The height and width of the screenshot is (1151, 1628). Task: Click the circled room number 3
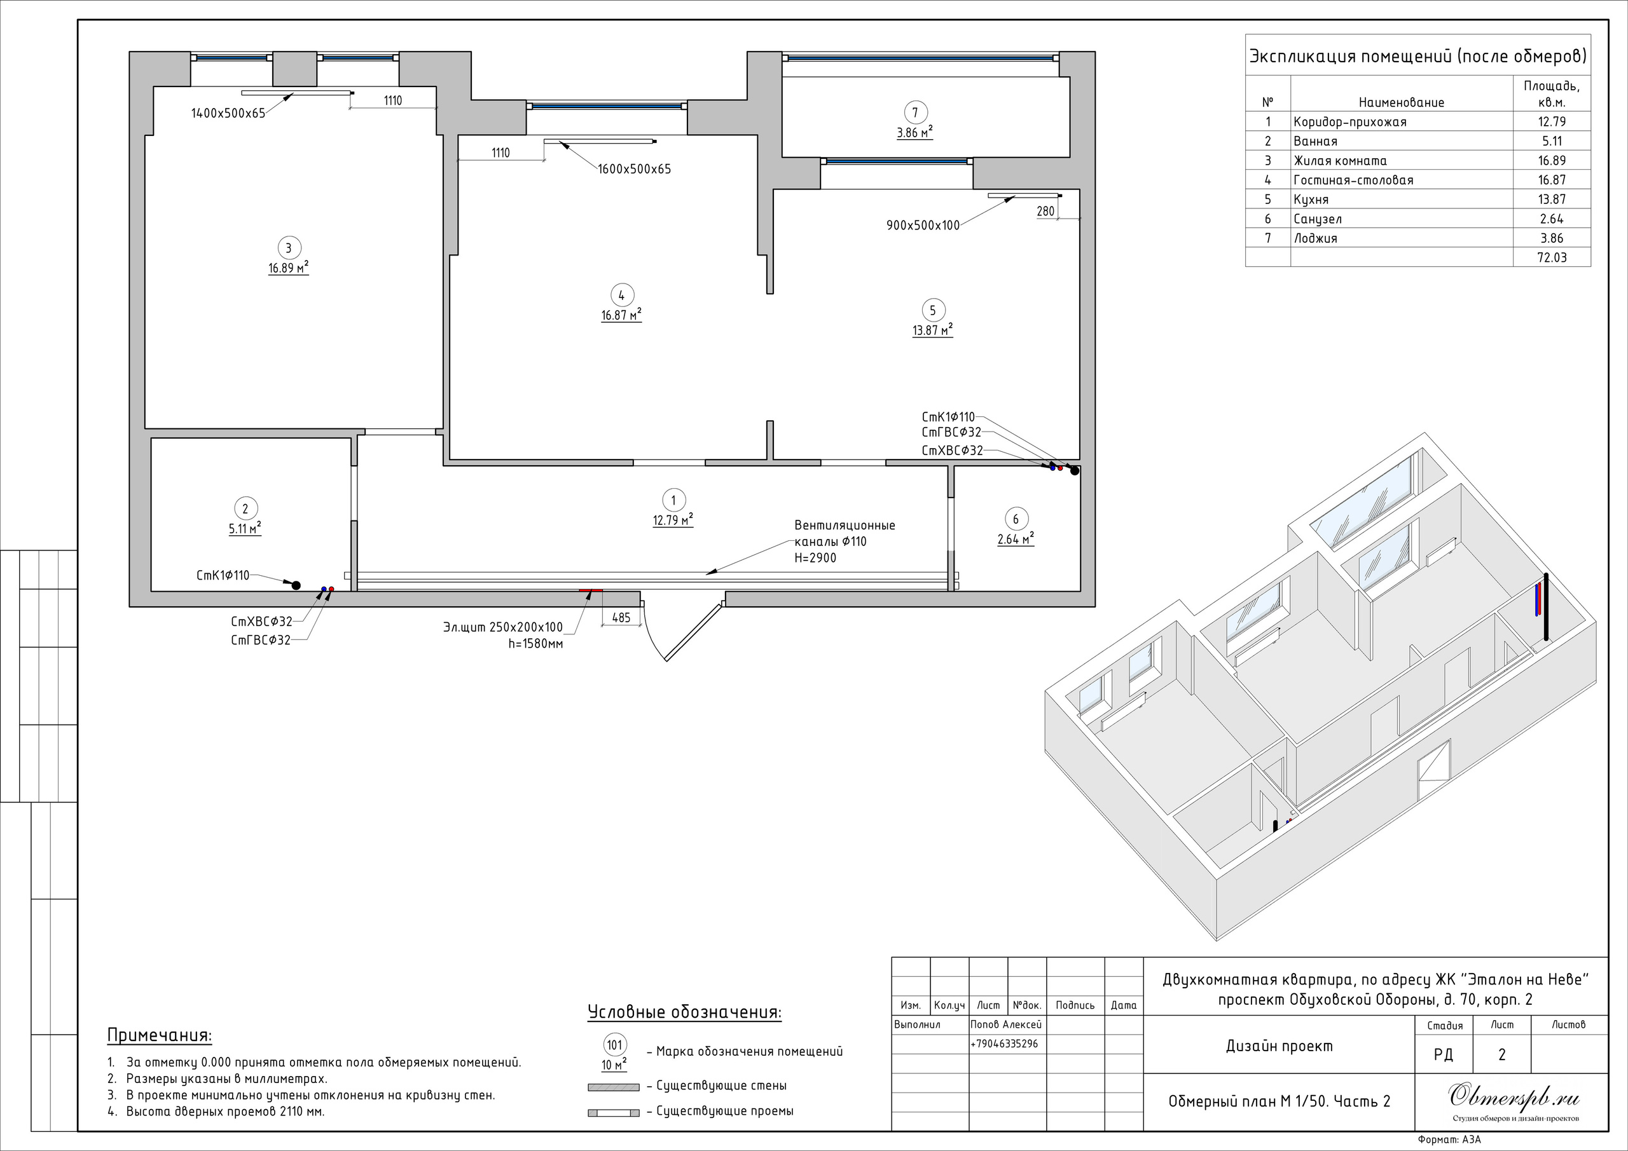pos(288,248)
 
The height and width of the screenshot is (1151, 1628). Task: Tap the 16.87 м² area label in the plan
pos(621,315)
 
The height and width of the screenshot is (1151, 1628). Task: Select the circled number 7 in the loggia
pos(915,112)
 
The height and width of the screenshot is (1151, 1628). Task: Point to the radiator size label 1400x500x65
pos(228,113)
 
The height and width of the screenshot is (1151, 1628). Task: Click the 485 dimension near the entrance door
pos(621,618)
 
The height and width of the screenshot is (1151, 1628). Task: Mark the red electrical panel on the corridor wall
pos(591,590)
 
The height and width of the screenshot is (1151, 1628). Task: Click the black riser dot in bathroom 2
pos(296,585)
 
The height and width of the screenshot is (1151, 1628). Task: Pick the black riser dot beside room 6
pos(1075,470)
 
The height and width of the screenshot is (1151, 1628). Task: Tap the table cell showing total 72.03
pos(1552,258)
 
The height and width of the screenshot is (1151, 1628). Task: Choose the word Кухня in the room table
pos(1311,200)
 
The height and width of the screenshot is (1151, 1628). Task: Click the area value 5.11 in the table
pos(1552,141)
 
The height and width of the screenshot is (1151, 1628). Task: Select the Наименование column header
pos(1401,103)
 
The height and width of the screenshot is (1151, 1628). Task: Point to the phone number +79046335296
pos(1004,1044)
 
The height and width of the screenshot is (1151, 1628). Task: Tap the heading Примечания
pos(160,1035)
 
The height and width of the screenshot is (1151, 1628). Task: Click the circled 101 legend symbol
pos(614,1045)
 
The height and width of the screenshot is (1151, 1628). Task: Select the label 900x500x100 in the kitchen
pos(923,226)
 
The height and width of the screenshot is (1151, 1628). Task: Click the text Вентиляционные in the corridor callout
pos(845,526)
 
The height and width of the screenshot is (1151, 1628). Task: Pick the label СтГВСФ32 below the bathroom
pos(260,641)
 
